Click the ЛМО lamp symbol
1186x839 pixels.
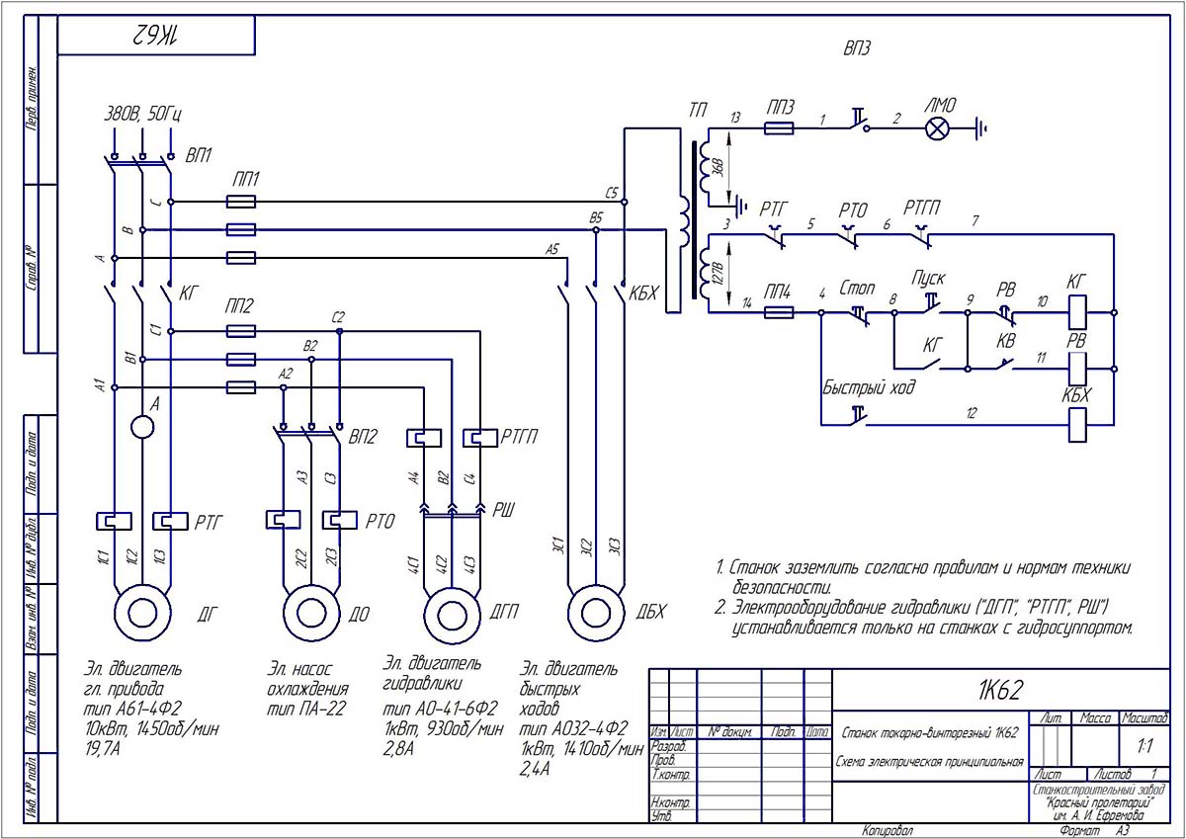pyautogui.click(x=936, y=127)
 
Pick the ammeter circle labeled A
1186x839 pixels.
pyautogui.click(x=143, y=427)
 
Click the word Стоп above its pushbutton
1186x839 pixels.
pyautogui.click(x=857, y=290)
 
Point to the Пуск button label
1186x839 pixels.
pyautogui.click(x=930, y=279)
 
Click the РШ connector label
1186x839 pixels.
pyautogui.click(x=504, y=510)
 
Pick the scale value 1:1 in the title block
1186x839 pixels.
pyautogui.click(x=1144, y=745)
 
